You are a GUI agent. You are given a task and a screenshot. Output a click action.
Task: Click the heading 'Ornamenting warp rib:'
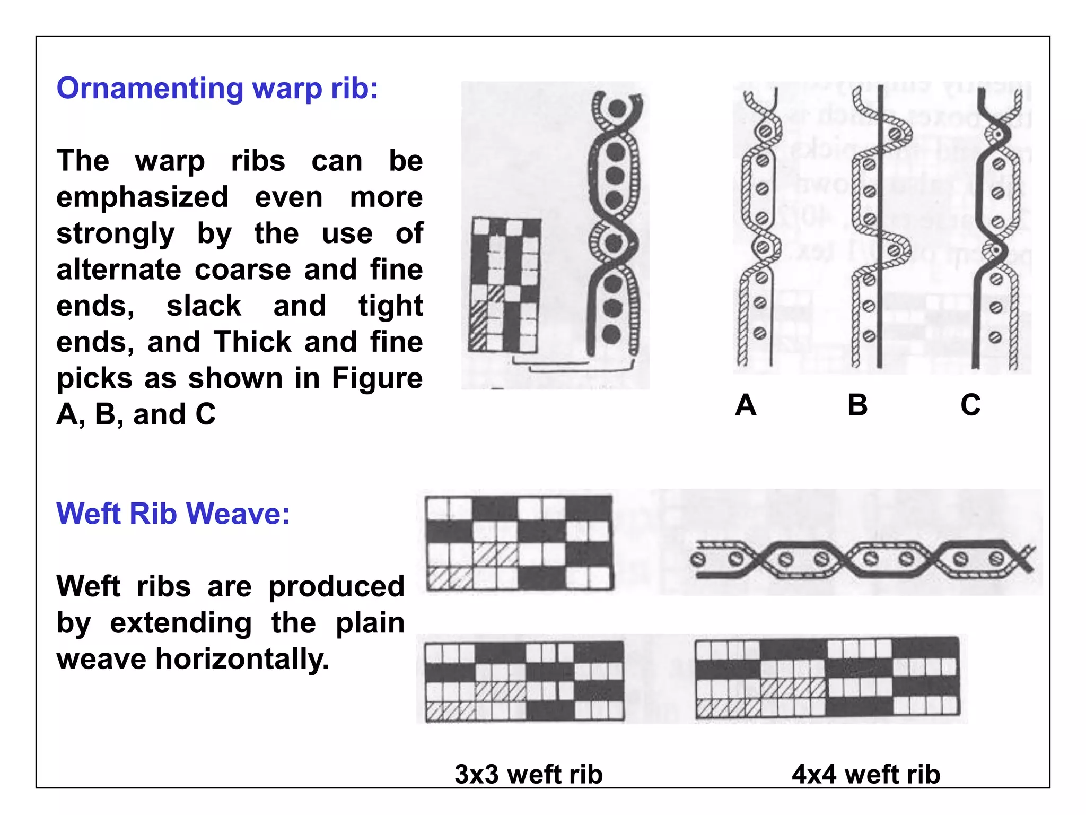217,88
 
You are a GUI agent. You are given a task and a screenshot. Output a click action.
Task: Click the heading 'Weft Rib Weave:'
173,514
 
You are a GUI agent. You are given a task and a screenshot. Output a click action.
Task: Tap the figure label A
746,405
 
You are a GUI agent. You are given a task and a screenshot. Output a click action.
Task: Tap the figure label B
857,405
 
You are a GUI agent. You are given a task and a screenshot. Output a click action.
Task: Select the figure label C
970,405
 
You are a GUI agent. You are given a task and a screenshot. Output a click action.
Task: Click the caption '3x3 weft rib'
529,774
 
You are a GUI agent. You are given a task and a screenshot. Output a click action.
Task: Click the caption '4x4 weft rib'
866,774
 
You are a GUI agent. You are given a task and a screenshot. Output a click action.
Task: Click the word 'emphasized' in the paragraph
142,197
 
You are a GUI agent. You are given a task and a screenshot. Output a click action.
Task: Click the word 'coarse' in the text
242,270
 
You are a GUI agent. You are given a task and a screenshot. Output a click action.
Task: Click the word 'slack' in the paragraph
204,306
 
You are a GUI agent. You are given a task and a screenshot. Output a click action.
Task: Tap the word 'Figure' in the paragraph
377,378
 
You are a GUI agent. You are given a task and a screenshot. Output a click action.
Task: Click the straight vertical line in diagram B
880,318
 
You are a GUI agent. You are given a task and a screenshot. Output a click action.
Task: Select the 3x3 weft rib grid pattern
524,681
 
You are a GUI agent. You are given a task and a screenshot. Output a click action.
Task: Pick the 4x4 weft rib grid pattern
827,678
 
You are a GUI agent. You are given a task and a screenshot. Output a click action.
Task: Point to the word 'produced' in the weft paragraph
336,587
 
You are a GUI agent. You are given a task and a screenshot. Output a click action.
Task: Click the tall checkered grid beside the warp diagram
504,285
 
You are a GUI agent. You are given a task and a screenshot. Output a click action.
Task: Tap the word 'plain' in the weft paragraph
370,623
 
